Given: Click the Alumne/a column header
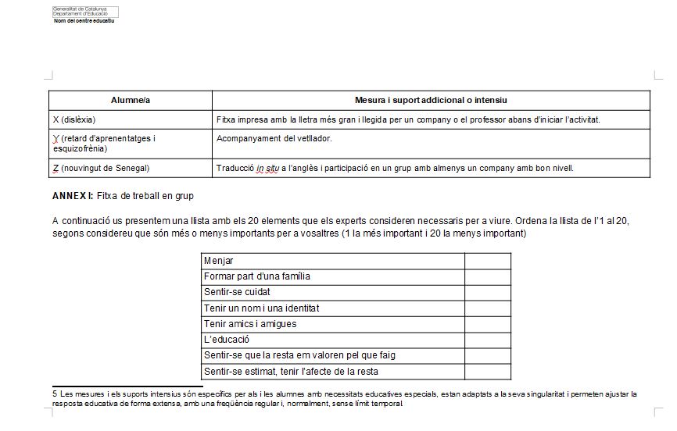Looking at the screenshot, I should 130,101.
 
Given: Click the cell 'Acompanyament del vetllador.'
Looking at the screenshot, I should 274,139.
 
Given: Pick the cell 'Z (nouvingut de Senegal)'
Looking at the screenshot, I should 101,168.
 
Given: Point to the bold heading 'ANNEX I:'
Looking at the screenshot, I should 73,195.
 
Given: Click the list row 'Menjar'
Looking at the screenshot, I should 218,261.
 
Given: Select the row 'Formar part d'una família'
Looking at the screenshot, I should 257,276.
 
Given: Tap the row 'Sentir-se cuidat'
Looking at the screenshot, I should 237,292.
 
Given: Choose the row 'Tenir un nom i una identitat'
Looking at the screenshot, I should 261,308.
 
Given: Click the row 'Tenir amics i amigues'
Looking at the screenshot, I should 250,324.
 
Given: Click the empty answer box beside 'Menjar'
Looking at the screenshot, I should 488,261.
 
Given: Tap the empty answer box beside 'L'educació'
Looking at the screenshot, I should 488,340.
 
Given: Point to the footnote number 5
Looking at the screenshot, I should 55,394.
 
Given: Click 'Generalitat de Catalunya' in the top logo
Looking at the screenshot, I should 74,9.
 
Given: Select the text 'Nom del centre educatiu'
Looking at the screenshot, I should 84,21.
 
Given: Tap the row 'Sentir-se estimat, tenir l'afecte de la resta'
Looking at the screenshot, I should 291,372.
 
